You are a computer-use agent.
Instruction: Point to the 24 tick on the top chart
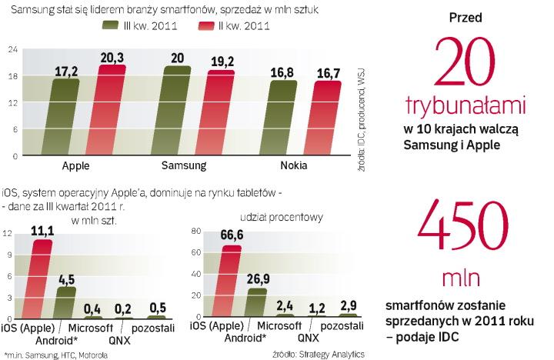click(12, 50)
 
